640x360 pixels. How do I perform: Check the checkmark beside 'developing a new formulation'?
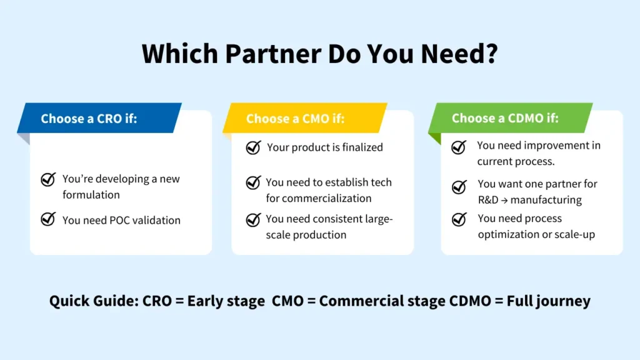48,180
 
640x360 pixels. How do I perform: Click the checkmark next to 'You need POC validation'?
48,220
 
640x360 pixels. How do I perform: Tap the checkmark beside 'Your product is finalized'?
253,147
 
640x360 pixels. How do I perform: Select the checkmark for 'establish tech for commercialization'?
253,182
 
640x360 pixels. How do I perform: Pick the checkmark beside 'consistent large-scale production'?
253,219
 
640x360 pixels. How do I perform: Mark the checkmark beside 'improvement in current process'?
459,147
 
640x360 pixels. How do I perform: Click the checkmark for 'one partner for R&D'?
459,186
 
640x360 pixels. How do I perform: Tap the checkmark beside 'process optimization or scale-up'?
459,219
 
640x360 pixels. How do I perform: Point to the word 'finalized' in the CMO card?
359,147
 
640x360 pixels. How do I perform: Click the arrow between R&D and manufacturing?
511,200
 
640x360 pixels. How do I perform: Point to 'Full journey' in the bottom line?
549,301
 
